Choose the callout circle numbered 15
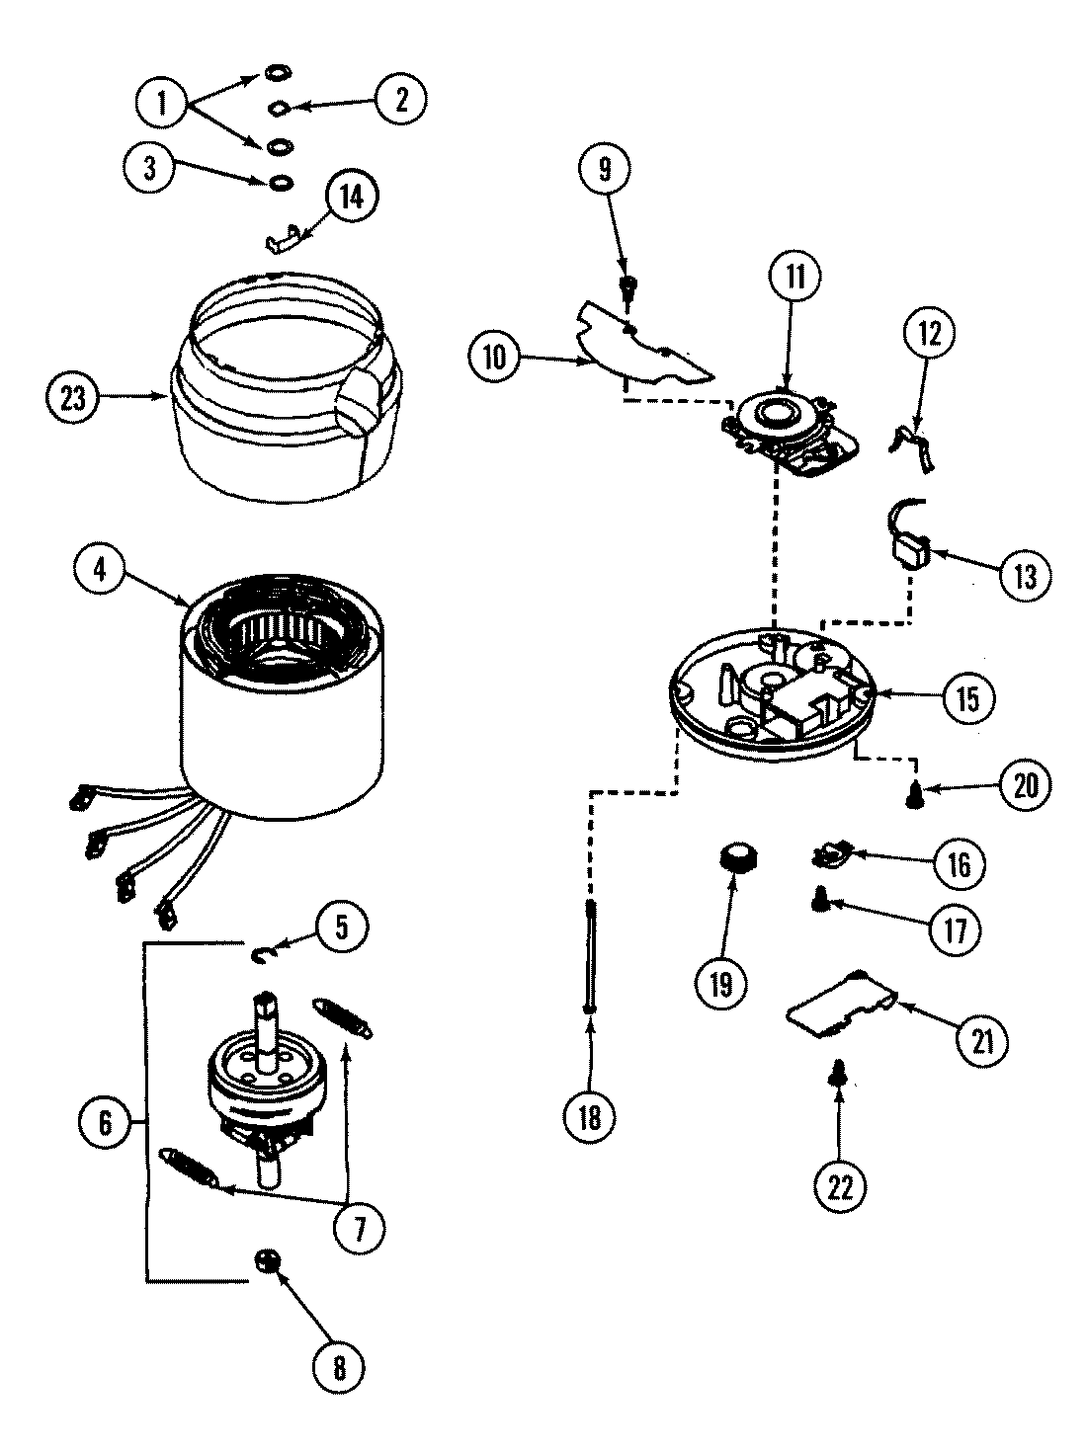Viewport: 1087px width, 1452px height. coord(965,699)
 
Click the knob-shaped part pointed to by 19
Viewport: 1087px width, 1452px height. coord(733,855)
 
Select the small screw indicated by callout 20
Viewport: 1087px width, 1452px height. coord(916,791)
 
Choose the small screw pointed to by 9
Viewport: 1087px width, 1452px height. coord(627,288)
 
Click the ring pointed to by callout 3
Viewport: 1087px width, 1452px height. coord(281,181)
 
